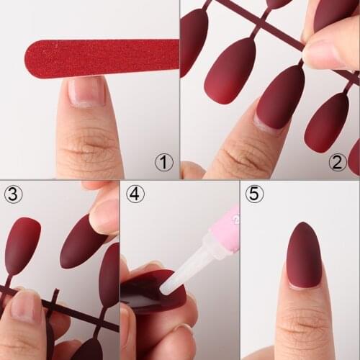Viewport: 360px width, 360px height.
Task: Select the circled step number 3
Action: [13, 194]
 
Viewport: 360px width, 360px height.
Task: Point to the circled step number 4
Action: [135, 194]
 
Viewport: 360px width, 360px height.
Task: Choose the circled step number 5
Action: [254, 194]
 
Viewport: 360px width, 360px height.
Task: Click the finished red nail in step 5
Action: [303, 255]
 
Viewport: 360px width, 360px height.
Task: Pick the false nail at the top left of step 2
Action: [194, 40]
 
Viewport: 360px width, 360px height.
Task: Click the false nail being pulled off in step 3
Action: [83, 242]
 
